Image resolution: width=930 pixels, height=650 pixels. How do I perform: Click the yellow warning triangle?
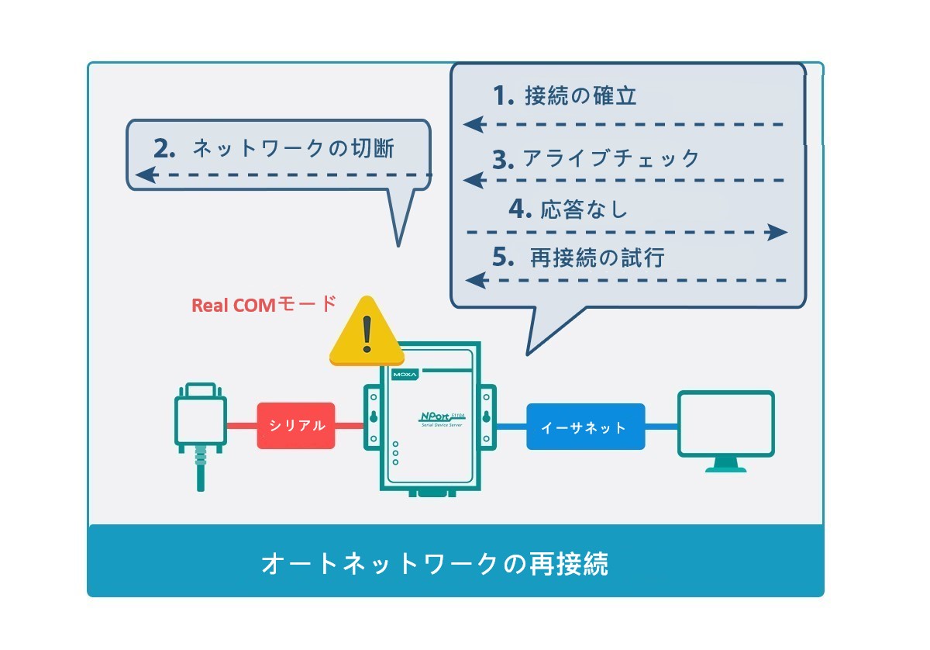click(x=367, y=333)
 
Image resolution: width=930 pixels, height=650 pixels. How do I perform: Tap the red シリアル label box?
click(x=296, y=426)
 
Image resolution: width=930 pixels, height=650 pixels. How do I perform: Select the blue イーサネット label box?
click(x=586, y=427)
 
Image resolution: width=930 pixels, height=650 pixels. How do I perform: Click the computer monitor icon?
click(x=726, y=431)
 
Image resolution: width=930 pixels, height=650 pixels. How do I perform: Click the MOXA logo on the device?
click(x=405, y=375)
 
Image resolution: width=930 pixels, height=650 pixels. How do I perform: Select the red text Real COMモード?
click(x=264, y=304)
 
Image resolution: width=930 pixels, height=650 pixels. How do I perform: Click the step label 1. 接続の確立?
click(x=564, y=95)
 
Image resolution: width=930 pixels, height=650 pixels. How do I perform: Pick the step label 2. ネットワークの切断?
click(x=274, y=148)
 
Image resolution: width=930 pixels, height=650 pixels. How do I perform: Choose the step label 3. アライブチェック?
click(x=596, y=159)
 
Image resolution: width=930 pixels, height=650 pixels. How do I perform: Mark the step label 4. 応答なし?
click(x=568, y=209)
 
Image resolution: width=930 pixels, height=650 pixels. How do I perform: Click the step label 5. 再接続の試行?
click(x=578, y=258)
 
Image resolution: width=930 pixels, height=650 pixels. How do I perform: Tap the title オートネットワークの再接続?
click(x=435, y=564)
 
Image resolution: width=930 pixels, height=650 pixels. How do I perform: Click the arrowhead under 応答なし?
click(x=777, y=232)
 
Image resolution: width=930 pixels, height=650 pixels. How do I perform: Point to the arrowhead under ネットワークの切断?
click(x=146, y=175)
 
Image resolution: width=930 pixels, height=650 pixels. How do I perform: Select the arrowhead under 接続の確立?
click(x=474, y=124)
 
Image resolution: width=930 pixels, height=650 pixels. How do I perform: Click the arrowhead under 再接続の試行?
click(x=477, y=280)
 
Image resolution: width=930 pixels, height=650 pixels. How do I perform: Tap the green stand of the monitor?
click(x=725, y=465)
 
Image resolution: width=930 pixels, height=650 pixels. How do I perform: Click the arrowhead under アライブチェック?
click(x=474, y=181)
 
